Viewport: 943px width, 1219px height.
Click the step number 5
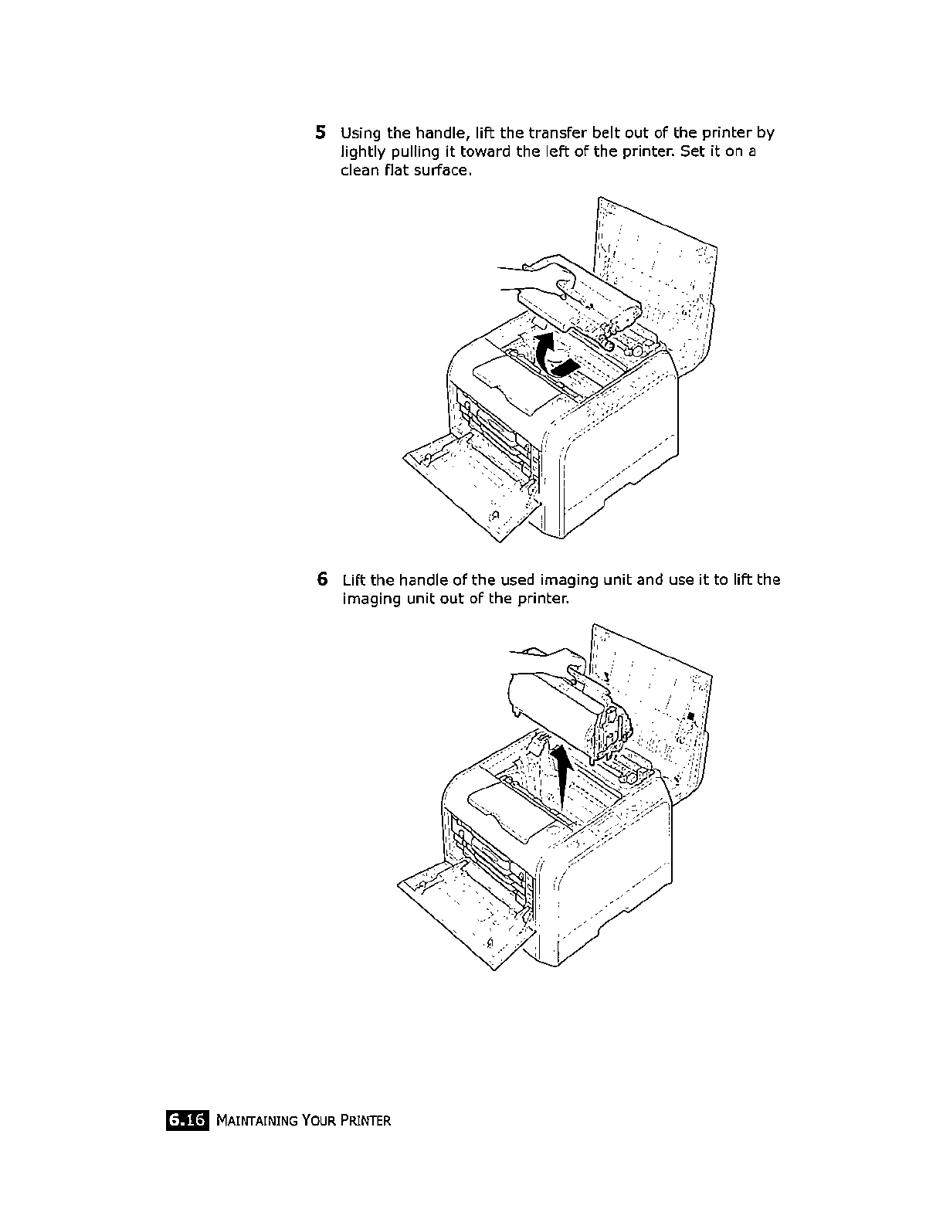(321, 132)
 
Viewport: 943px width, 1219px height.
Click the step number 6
(321, 579)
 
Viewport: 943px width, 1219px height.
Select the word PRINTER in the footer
(365, 1121)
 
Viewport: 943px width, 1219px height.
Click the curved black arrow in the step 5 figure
(553, 358)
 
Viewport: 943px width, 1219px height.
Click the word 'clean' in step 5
(358, 170)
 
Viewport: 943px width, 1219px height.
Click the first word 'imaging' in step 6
(566, 579)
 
